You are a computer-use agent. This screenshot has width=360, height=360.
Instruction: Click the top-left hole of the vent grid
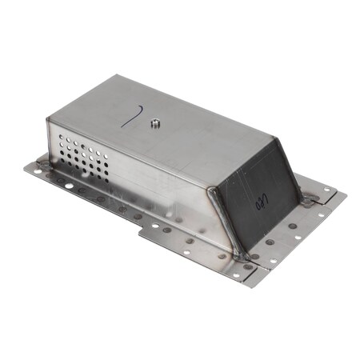coord(63,139)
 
